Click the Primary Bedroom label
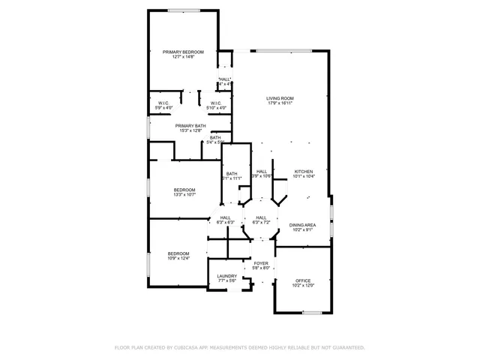pyautogui.click(x=183, y=52)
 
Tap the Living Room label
pyautogui.click(x=280, y=98)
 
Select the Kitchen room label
pyautogui.click(x=303, y=171)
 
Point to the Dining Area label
pyautogui.click(x=302, y=225)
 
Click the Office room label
pyautogui.click(x=302, y=280)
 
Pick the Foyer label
pyautogui.click(x=260, y=264)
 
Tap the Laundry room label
pyautogui.click(x=226, y=276)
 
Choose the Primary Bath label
pyautogui.click(x=190, y=126)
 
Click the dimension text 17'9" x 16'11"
pyautogui.click(x=280, y=103)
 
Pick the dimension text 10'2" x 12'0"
pyautogui.click(x=302, y=285)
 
